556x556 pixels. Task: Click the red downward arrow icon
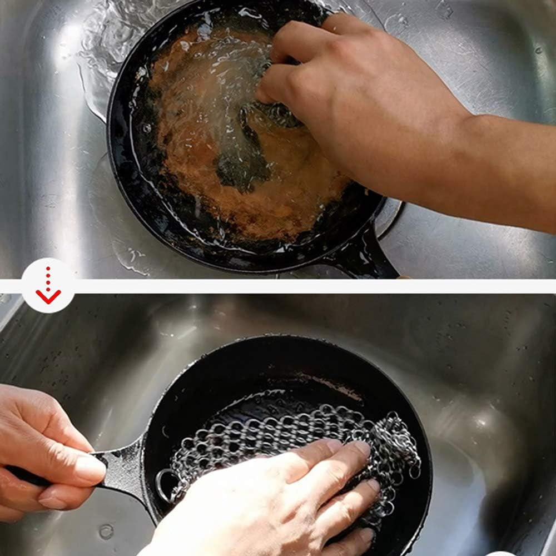pyautogui.click(x=48, y=286)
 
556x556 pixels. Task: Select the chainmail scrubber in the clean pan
pyautogui.click(x=289, y=439)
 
